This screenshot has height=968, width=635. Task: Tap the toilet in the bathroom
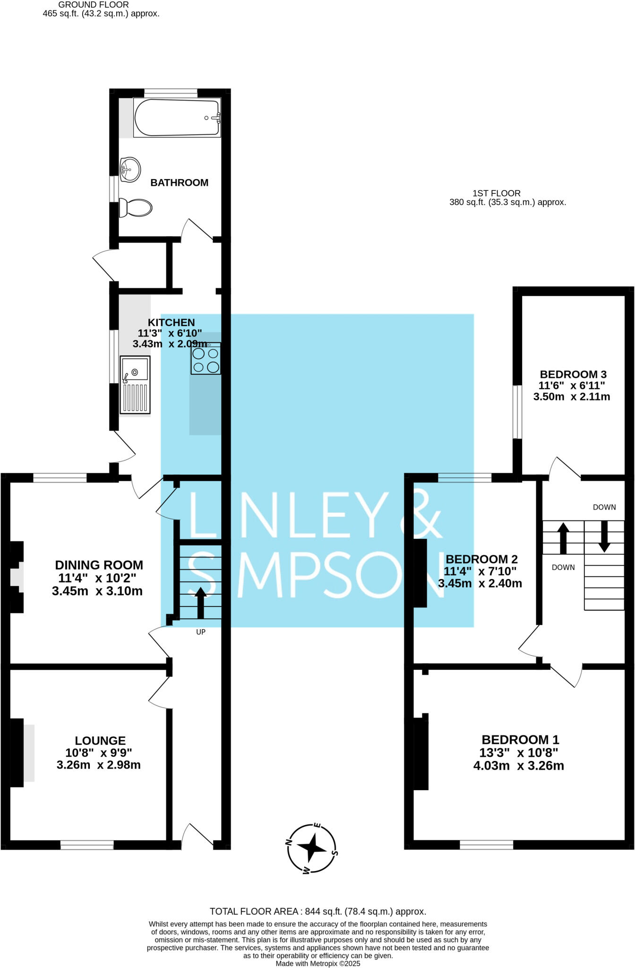136,207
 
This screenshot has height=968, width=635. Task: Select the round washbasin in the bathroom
130,169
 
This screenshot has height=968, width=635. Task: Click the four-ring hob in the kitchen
206,360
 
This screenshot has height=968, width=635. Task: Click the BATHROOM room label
179,182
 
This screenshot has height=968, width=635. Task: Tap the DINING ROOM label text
99,565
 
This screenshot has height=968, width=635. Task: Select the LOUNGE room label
100,741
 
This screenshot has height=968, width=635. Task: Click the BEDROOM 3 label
573,374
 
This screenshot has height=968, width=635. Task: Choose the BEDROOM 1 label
520,739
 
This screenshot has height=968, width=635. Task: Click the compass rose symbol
312,848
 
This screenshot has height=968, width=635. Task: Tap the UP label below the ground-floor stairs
201,632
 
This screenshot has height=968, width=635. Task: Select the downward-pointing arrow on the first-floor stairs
604,536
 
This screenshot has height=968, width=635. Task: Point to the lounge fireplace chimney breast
17,752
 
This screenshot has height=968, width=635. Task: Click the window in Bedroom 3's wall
517,412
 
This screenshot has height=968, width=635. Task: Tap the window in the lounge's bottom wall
87,845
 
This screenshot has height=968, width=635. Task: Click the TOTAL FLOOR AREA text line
317,911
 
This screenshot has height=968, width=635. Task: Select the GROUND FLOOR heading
94,4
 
